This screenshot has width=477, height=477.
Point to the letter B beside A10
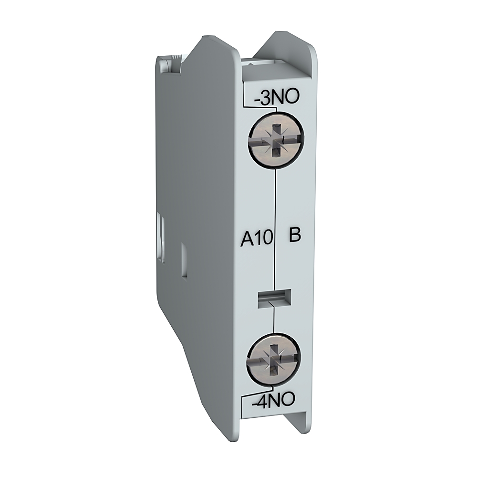pos(295,236)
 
